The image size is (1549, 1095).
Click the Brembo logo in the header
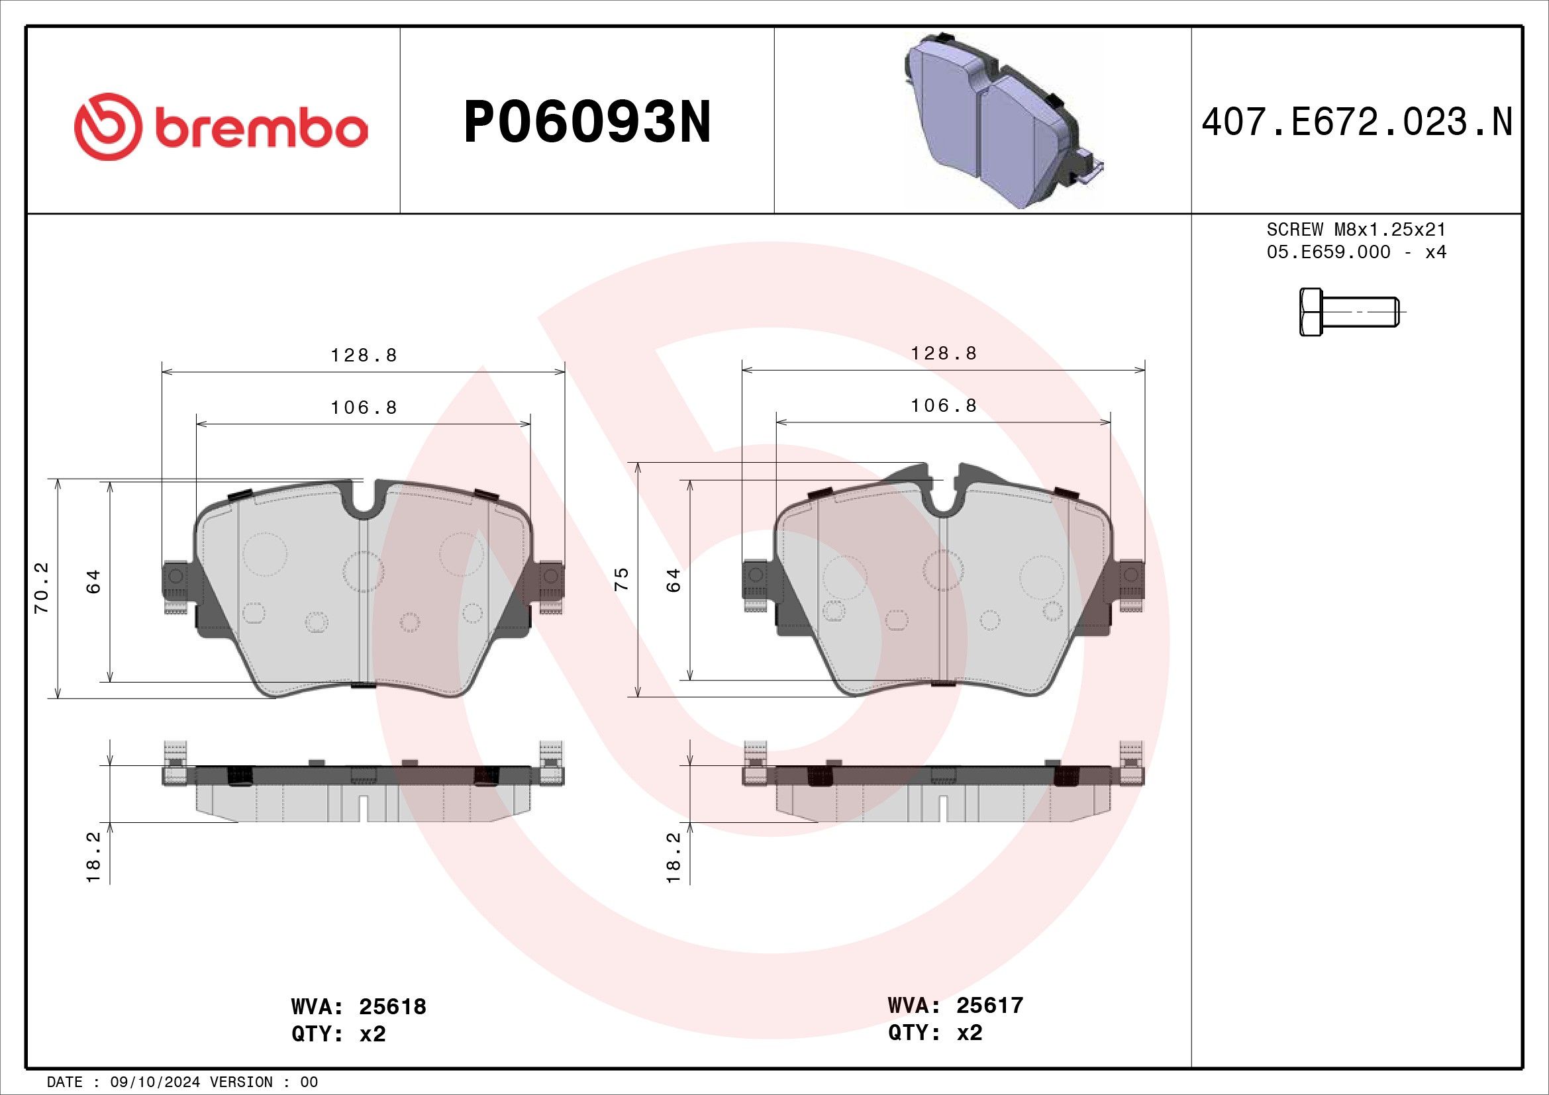click(221, 126)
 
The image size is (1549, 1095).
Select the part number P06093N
click(587, 122)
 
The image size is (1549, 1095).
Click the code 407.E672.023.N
click(1357, 122)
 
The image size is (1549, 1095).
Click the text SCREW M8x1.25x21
click(1356, 230)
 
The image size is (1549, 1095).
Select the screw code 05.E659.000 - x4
click(1356, 252)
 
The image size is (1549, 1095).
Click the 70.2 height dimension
click(42, 588)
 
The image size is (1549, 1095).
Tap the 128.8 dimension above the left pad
click(364, 355)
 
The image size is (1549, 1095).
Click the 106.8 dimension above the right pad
click(943, 406)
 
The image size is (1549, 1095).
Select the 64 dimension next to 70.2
click(94, 581)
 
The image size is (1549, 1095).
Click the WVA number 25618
click(392, 1007)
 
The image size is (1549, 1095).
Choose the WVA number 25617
click(989, 1006)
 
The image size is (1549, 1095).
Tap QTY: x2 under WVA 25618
click(338, 1034)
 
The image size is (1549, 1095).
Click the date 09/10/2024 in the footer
click(156, 1082)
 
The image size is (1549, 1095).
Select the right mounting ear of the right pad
click(1131, 575)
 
